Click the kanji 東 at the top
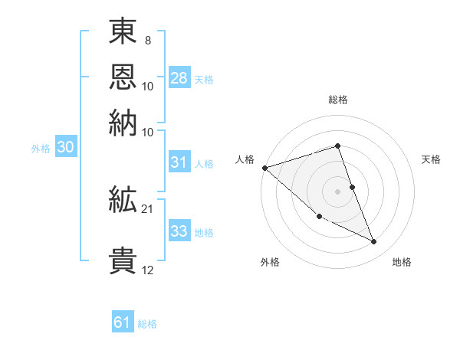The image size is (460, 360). (x=123, y=32)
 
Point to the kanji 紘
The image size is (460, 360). (x=123, y=201)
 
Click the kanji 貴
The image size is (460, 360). (x=123, y=259)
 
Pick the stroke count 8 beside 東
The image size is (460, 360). (x=148, y=39)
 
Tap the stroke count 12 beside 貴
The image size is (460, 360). (x=148, y=270)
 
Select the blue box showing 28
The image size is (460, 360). (x=179, y=77)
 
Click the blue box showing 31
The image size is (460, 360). (x=179, y=162)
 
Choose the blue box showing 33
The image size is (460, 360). (x=179, y=231)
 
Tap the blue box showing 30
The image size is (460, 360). (x=65, y=148)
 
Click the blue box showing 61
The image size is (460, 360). (x=123, y=322)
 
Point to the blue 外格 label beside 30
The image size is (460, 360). (x=41, y=149)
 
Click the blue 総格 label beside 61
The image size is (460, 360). (x=147, y=324)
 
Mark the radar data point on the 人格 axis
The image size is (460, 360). (x=264, y=168)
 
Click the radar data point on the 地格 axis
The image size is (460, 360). (x=374, y=242)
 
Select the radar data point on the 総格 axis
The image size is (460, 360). (x=338, y=146)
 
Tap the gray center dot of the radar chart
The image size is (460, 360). (x=338, y=191)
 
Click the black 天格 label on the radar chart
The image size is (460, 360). (x=431, y=159)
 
